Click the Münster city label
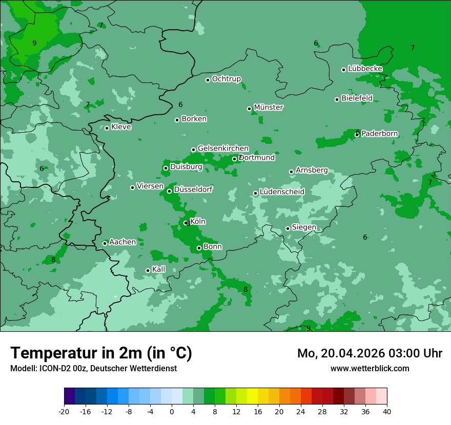click(x=269, y=108)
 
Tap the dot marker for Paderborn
click(x=357, y=134)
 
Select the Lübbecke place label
click(x=365, y=69)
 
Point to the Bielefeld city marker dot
click(x=337, y=99)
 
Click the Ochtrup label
click(x=227, y=79)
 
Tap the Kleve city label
click(x=121, y=127)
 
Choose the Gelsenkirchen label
click(x=223, y=148)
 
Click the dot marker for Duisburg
click(x=166, y=168)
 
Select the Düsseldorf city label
click(x=193, y=189)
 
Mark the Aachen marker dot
click(x=105, y=243)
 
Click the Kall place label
click(x=159, y=269)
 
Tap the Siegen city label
click(x=304, y=227)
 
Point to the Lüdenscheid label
click(x=282, y=192)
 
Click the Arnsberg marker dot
click(x=291, y=172)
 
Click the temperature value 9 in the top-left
click(x=34, y=43)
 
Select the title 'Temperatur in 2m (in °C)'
click(x=101, y=353)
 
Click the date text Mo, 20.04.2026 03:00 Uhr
click(x=370, y=353)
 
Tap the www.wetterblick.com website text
click(x=370, y=368)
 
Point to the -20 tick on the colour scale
click(x=64, y=411)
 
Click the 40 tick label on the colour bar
click(x=387, y=411)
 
